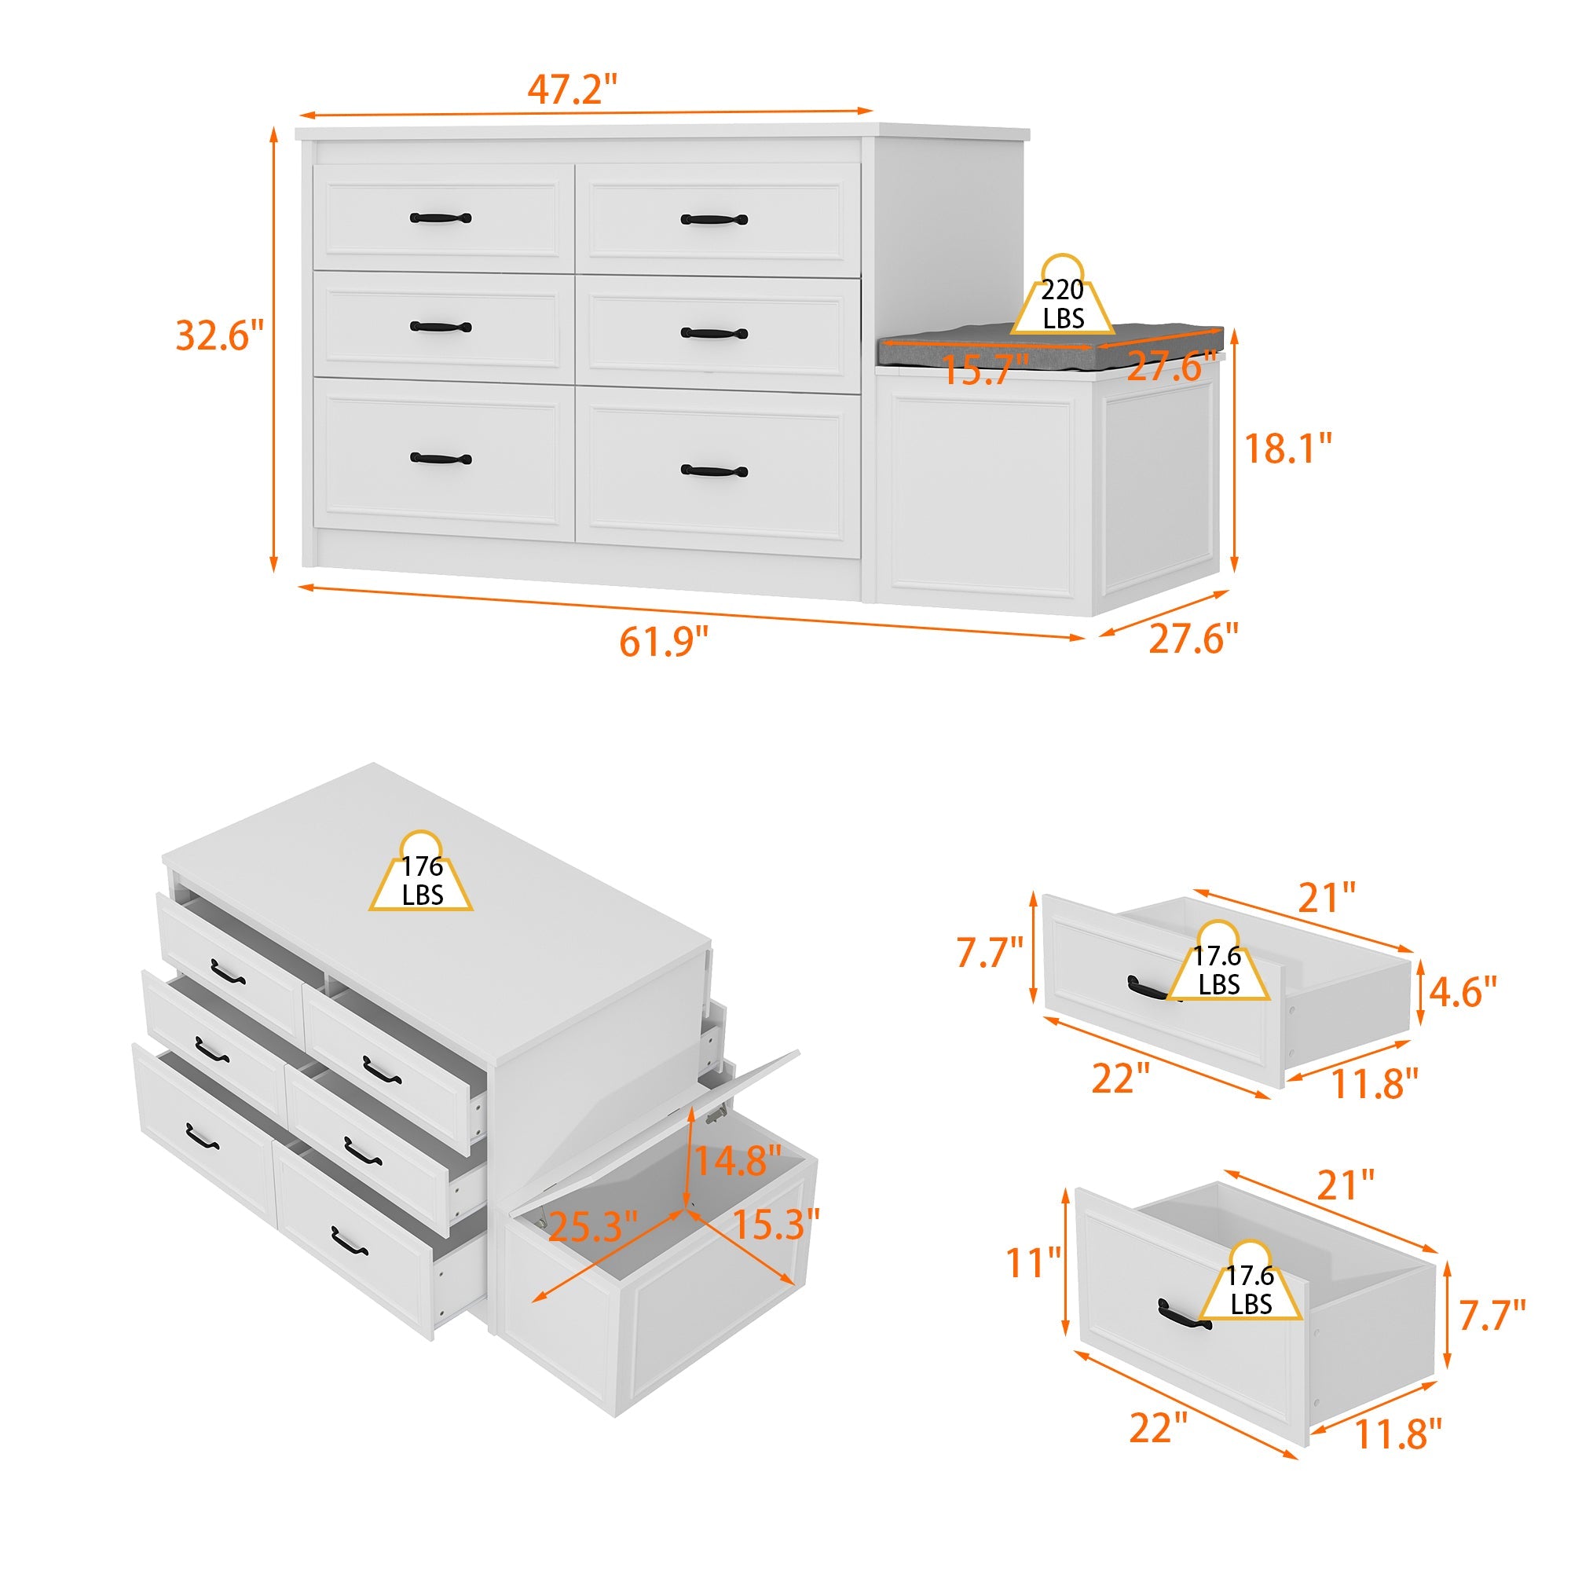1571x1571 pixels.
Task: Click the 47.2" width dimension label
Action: coord(573,89)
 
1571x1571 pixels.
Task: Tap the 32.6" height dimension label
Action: coord(220,335)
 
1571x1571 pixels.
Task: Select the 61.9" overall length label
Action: coord(665,642)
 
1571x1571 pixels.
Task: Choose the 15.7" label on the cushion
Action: coord(985,370)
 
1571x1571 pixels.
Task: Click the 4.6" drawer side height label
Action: coord(1463,992)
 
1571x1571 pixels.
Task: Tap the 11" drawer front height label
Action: coord(1034,1263)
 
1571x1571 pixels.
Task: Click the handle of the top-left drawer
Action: coord(440,218)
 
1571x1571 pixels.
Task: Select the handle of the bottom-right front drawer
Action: coord(702,471)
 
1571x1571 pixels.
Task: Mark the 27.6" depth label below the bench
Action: coord(1194,639)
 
